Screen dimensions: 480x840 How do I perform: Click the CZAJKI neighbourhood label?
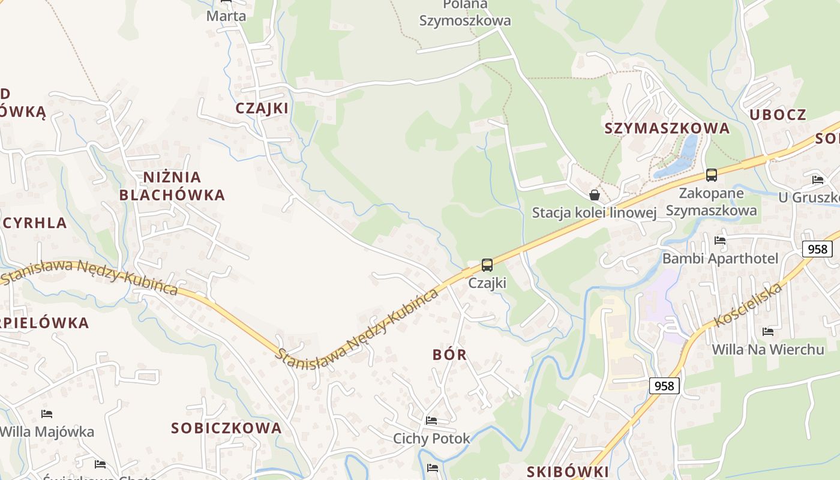click(262, 108)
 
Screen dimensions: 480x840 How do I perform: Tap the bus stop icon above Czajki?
click(487, 265)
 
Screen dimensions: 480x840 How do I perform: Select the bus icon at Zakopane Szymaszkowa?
click(712, 175)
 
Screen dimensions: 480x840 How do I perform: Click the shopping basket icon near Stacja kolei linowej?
click(595, 195)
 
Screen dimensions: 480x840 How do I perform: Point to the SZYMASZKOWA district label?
click(667, 128)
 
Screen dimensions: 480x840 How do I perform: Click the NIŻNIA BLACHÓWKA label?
click(172, 186)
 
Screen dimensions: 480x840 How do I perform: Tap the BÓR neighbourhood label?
click(450, 355)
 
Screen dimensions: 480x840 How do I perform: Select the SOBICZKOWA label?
click(226, 428)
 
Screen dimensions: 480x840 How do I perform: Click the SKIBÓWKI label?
click(568, 472)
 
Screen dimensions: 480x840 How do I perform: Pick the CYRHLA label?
click(35, 223)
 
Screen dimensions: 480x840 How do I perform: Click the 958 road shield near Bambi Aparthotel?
click(817, 249)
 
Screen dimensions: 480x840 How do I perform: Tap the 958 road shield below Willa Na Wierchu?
click(664, 385)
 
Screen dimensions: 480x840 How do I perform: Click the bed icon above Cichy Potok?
click(431, 421)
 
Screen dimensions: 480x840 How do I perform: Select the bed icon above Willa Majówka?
click(47, 414)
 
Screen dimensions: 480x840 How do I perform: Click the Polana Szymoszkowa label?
click(465, 13)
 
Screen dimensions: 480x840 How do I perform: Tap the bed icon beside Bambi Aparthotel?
click(720, 241)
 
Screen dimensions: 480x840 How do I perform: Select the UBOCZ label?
click(778, 115)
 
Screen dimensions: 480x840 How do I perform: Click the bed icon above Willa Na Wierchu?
click(767, 332)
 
